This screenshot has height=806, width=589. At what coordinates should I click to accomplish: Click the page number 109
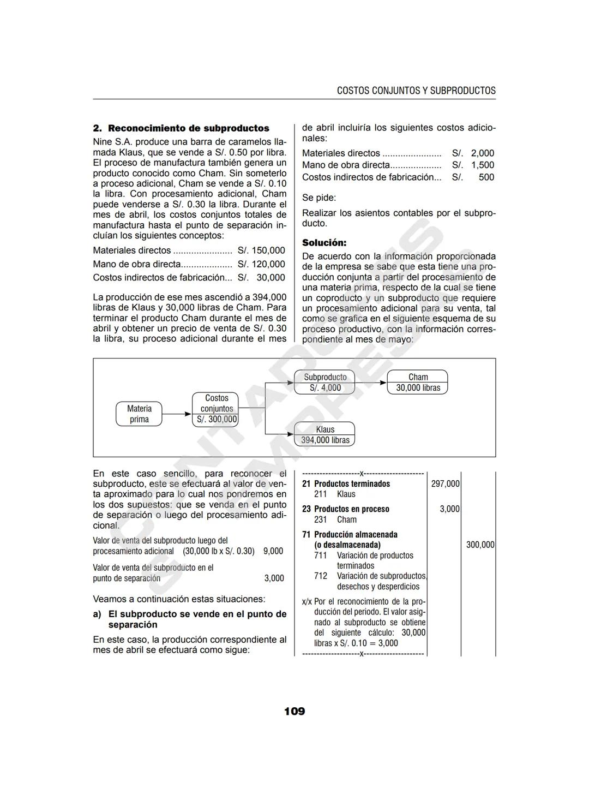point(294,711)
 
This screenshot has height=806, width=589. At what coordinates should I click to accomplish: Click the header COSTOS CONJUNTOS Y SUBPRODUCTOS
point(416,91)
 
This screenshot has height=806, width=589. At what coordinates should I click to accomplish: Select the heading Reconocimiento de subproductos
point(188,128)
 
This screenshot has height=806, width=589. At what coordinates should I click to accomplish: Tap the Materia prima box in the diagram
point(139,414)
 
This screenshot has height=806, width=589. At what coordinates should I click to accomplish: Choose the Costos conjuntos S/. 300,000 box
point(216,409)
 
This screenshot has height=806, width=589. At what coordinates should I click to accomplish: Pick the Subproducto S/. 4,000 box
point(324,382)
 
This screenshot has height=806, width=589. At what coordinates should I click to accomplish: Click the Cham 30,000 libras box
point(417,382)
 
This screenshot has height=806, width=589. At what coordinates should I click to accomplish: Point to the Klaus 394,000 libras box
point(324,434)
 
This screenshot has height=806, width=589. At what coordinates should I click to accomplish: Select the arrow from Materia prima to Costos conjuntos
point(177,414)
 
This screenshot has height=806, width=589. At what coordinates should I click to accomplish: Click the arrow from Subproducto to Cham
point(370,383)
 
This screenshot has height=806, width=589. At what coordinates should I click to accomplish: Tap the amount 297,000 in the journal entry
point(445,484)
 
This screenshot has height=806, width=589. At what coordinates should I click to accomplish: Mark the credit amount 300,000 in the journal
point(480,545)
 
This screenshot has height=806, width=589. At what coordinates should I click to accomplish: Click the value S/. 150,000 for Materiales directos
point(261,250)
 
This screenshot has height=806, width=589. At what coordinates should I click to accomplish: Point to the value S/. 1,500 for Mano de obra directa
point(473,165)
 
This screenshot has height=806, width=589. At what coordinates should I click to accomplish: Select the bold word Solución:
point(324,243)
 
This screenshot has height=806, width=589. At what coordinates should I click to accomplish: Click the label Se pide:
point(319,198)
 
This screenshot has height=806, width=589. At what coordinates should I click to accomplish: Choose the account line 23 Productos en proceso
point(346,509)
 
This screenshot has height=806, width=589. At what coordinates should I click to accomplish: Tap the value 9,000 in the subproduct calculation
point(273,551)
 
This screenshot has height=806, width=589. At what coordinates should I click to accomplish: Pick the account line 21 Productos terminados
point(346,484)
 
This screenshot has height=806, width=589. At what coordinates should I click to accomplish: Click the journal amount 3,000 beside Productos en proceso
point(449,509)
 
